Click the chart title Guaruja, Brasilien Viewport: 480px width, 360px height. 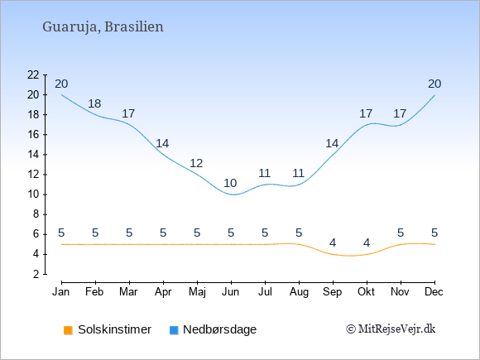point(103,27)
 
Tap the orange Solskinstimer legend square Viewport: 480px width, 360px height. point(68,330)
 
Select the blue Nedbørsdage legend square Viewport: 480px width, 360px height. point(174,330)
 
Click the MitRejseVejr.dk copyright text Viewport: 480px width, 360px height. point(391,329)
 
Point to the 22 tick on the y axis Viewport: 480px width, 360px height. point(33,74)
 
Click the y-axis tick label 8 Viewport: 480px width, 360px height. point(36,214)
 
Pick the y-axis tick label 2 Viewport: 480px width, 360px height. point(36,274)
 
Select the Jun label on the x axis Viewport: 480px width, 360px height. point(231,292)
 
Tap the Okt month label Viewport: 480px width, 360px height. point(366,292)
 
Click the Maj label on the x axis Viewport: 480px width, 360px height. point(197,292)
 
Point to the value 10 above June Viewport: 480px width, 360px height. point(230,183)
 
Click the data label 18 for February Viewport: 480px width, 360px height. point(94,103)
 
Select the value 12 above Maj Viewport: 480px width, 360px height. point(196,163)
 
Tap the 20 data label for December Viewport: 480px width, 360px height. point(434,84)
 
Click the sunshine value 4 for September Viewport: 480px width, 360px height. point(333,242)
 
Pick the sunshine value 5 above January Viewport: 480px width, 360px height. point(61,233)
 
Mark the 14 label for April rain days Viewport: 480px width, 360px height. point(162,143)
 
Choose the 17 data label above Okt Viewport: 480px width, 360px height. point(366,113)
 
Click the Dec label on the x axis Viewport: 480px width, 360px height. point(434,292)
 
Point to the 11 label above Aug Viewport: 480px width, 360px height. point(298,173)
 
